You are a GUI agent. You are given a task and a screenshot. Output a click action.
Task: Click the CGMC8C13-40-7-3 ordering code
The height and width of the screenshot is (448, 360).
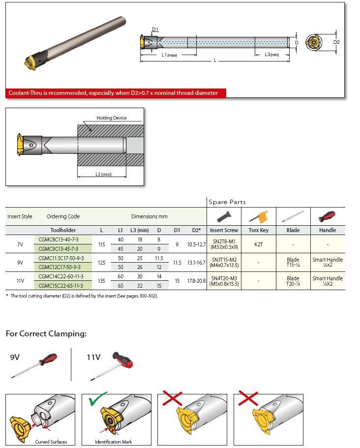(58, 239)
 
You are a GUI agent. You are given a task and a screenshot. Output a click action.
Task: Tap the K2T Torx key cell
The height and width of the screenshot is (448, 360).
(258, 244)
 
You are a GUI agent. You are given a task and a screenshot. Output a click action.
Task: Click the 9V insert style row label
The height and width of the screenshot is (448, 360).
(20, 263)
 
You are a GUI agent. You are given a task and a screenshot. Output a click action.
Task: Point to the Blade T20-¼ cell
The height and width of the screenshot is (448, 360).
(293, 281)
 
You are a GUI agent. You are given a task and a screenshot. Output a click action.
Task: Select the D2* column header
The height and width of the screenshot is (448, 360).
(196, 230)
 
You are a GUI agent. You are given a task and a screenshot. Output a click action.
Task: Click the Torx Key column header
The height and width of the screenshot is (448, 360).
(258, 230)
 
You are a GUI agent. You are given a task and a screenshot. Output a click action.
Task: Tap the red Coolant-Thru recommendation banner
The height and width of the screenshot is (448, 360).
(116, 93)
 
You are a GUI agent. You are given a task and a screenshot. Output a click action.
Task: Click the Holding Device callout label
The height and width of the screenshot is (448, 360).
(111, 118)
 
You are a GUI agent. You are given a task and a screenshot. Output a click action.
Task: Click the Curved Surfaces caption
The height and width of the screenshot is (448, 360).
(51, 442)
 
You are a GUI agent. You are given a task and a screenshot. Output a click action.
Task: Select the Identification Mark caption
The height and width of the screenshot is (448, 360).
(113, 442)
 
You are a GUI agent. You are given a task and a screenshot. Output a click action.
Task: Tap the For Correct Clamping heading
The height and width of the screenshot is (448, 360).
(46, 333)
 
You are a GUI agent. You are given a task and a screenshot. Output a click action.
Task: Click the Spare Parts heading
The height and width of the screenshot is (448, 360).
(227, 202)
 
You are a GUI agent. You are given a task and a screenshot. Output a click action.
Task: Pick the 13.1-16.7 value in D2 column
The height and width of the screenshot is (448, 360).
(196, 263)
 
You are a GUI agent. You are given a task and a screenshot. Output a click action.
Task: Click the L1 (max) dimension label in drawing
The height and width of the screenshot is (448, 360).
(169, 55)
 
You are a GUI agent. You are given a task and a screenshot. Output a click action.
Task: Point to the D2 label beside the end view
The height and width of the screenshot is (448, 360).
(336, 42)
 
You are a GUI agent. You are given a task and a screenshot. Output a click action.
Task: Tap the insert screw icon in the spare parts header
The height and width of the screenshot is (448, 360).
(224, 216)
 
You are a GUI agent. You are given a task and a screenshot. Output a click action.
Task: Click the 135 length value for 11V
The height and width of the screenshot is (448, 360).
(101, 281)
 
